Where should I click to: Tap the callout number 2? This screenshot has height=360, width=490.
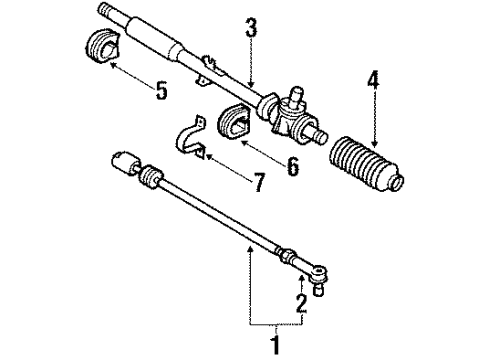[x=301, y=303]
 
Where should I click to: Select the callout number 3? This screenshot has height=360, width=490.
[x=251, y=28]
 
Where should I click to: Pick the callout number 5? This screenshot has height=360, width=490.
[x=161, y=90]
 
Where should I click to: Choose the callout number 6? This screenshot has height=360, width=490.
[x=293, y=166]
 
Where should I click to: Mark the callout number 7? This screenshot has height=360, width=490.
[x=259, y=182]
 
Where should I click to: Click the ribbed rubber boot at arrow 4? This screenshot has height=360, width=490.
[x=366, y=164]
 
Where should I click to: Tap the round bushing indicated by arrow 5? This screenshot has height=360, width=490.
[x=102, y=46]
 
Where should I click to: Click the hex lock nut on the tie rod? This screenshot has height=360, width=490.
[x=287, y=256]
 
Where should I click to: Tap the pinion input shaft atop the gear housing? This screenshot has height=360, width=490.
[x=297, y=95]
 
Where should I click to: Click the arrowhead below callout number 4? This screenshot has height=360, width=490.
[x=375, y=143]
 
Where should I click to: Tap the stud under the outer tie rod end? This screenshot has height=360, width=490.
[x=319, y=290]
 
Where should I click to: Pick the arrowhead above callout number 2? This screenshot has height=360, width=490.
[x=302, y=279]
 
